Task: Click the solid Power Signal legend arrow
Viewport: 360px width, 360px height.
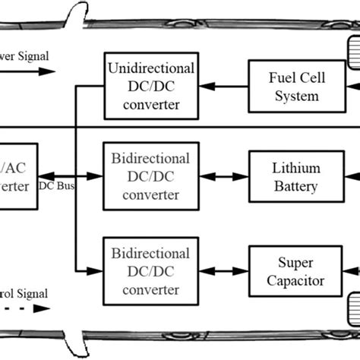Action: point(30,71)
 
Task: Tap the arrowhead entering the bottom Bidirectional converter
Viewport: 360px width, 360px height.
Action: point(96,270)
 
